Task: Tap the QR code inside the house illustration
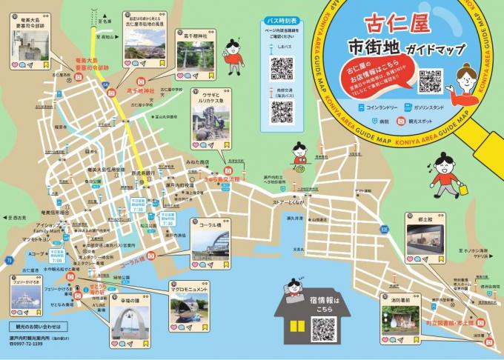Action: [x=325, y=327]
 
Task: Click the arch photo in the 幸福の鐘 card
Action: [x=130, y=320]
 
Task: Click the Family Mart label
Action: [x=47, y=231]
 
